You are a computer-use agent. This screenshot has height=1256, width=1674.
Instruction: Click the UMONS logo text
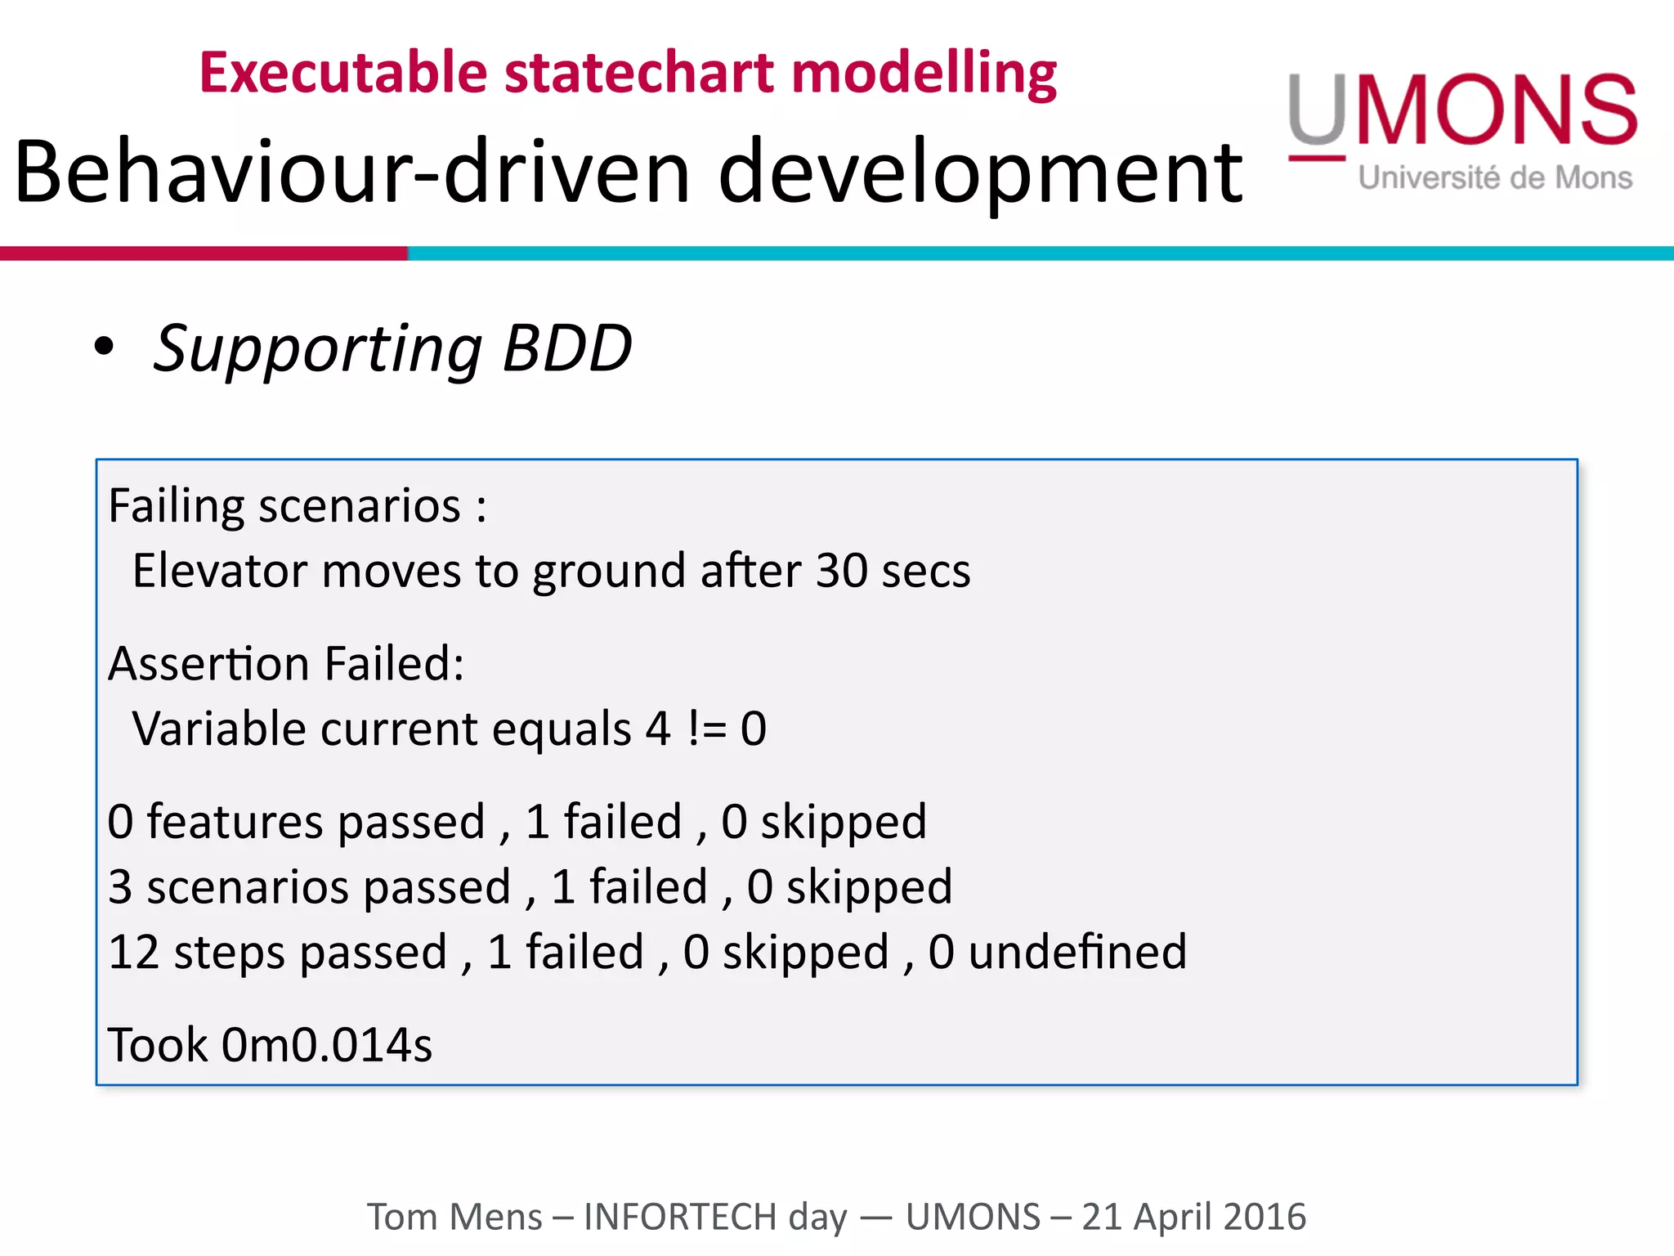tap(1463, 110)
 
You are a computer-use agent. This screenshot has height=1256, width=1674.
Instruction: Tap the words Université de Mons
tap(1495, 177)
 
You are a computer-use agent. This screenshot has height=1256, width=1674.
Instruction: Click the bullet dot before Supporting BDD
tap(104, 347)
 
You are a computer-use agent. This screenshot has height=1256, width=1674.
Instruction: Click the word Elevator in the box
tap(219, 571)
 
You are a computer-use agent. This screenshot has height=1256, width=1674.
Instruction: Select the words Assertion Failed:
tap(286, 663)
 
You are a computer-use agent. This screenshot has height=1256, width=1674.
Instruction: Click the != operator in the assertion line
tap(707, 729)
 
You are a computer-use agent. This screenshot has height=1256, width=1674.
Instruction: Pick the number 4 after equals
tap(658, 729)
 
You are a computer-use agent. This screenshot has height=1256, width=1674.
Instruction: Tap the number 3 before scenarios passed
tap(120, 887)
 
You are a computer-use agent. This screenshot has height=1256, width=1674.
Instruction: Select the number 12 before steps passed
tap(133, 953)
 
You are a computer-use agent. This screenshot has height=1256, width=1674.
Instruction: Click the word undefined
tap(1077, 953)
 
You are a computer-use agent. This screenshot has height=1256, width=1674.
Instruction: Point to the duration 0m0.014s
tap(327, 1045)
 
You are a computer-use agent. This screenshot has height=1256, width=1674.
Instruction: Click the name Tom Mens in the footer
tap(454, 1217)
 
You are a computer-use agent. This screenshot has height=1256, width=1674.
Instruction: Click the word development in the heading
tap(979, 172)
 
